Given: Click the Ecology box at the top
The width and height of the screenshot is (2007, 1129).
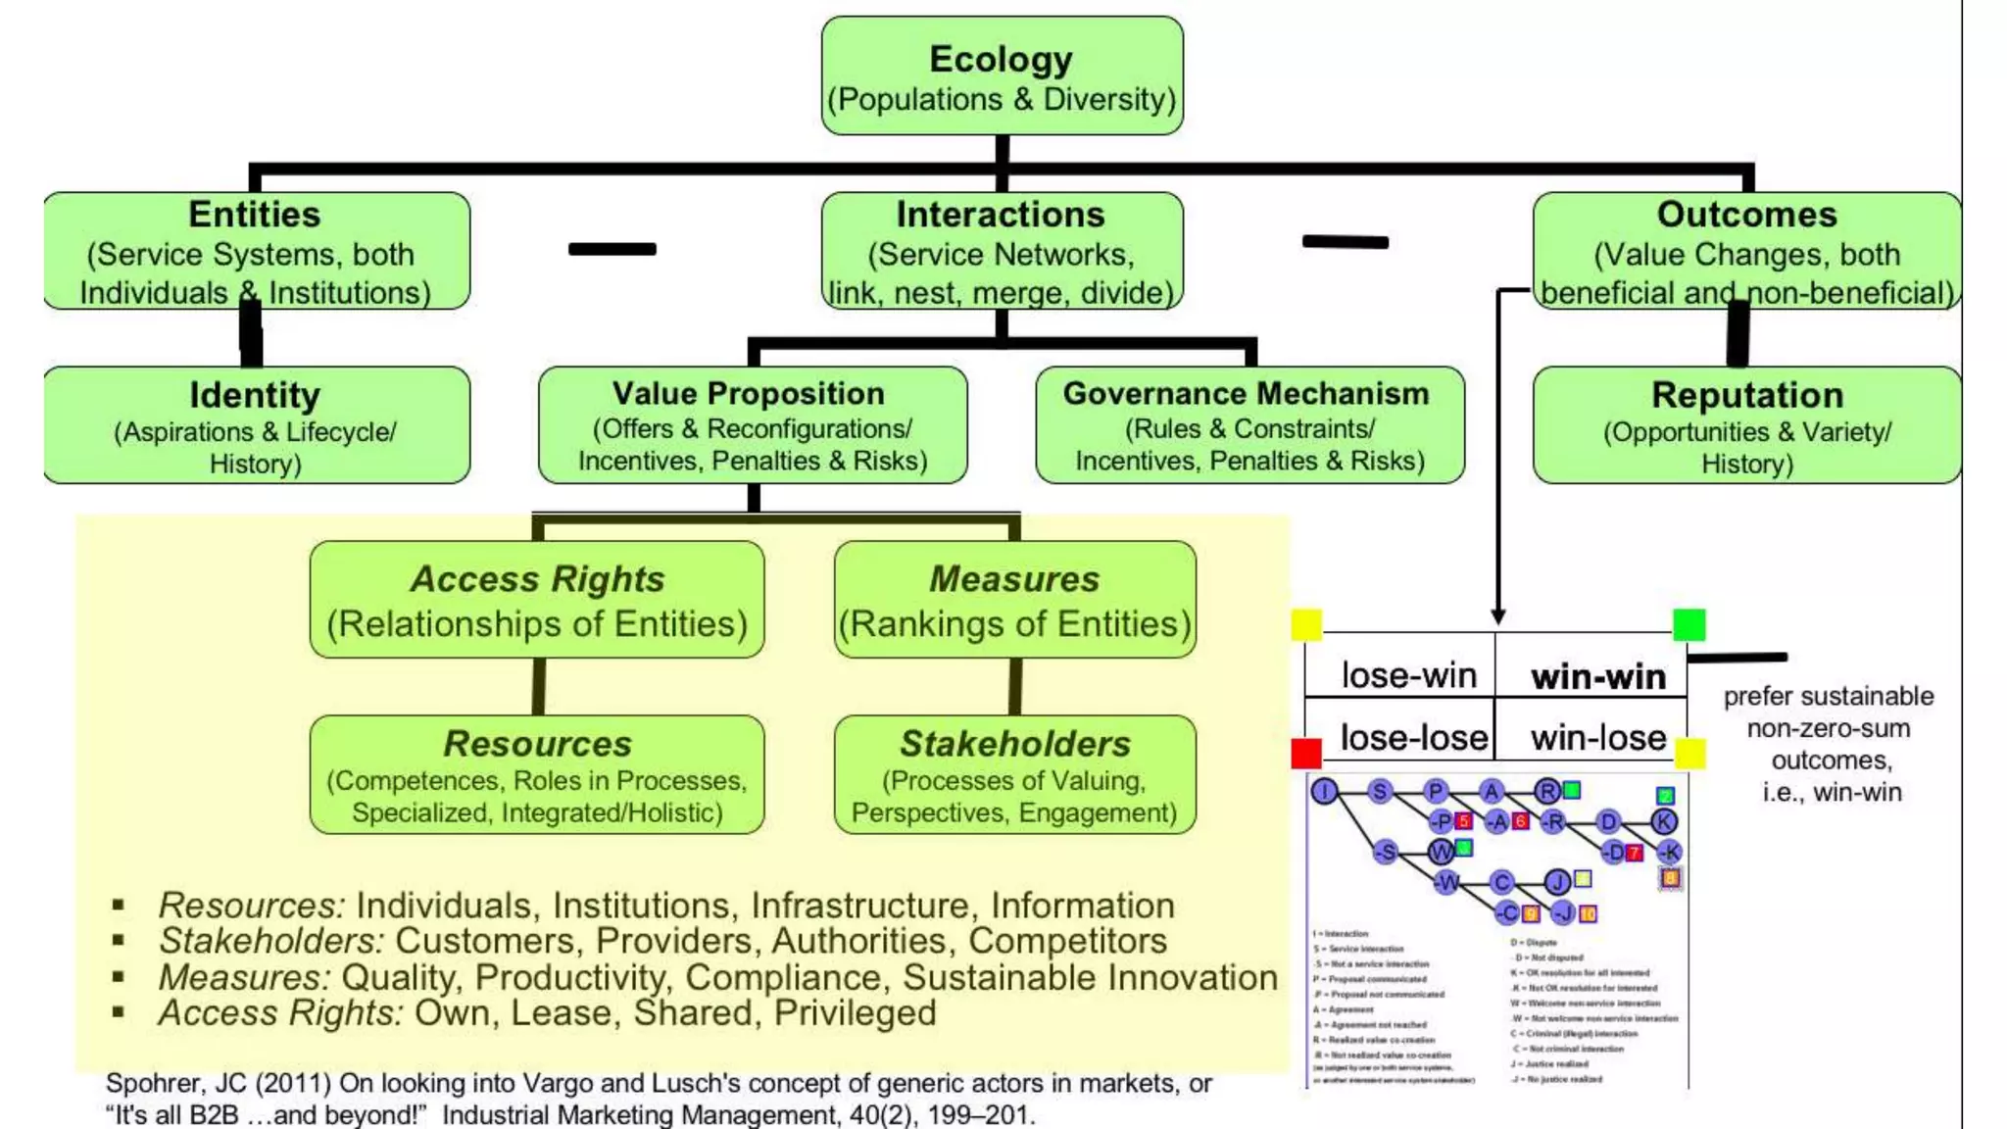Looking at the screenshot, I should click(x=1002, y=76).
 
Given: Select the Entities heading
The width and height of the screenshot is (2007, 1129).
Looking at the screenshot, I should click(x=254, y=215).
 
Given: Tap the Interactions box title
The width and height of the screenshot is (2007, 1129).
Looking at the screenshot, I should click(x=1001, y=215).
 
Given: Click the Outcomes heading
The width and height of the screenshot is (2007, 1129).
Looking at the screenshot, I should click(x=1746, y=215).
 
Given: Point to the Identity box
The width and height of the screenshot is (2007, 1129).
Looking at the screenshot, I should click(x=256, y=425).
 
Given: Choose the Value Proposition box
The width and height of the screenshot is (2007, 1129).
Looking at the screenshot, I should click(x=752, y=425).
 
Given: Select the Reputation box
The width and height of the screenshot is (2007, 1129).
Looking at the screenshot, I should click(x=1746, y=425).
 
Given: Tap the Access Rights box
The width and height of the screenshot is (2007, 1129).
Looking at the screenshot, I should click(x=537, y=600).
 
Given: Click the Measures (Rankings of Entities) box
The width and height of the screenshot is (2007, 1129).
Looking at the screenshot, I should click(x=1014, y=600).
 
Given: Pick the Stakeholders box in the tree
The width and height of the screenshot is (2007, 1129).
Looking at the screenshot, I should click(x=1014, y=774).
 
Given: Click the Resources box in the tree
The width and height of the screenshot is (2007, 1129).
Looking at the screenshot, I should click(x=537, y=774).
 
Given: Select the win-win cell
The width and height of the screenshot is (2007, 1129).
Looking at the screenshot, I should click(x=1597, y=676).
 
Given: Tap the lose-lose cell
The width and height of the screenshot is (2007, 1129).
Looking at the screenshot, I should click(x=1413, y=737).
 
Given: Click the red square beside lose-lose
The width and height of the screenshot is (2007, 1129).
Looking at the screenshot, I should click(x=1306, y=753).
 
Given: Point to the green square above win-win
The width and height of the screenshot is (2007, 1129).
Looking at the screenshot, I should click(x=1689, y=624).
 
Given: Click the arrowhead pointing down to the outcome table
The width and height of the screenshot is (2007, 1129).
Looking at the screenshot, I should click(x=1498, y=616).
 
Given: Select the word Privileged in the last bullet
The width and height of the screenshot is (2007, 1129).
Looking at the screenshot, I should click(x=855, y=1012).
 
